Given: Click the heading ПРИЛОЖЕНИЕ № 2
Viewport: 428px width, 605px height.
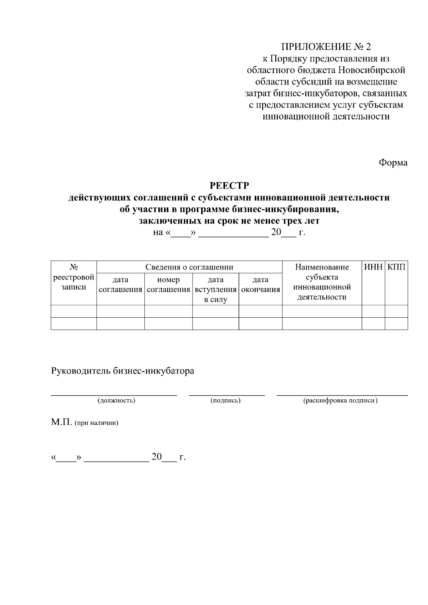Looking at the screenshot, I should (x=326, y=47).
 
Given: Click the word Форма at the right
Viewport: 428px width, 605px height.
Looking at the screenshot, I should (x=393, y=163).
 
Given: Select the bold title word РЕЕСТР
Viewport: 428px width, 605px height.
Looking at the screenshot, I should (x=229, y=186).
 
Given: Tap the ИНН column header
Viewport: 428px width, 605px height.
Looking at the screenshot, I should (x=373, y=267).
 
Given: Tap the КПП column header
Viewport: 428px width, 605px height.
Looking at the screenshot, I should (x=396, y=267).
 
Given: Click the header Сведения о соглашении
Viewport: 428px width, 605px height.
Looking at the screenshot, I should (x=189, y=267).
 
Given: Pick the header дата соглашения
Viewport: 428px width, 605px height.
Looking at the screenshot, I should (x=120, y=284).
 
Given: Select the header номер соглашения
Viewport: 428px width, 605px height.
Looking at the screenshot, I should (x=168, y=284).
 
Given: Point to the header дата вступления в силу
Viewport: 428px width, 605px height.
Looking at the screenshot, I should (x=215, y=289).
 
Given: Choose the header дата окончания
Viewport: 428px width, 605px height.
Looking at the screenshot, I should (x=260, y=284).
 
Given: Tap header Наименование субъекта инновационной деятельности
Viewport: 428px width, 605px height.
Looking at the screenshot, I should (x=322, y=282).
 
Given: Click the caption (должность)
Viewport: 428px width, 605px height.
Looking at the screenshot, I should (x=116, y=400).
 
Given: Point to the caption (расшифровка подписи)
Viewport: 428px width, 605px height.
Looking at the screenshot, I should (x=340, y=400).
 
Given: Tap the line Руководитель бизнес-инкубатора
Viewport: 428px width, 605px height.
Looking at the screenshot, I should (x=123, y=371).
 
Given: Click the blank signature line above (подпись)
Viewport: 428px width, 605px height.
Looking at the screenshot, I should (x=227, y=395).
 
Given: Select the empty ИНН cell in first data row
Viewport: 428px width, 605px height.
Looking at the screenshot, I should (x=373, y=311).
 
